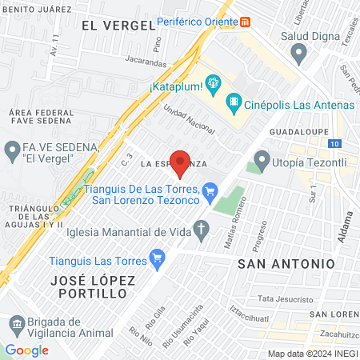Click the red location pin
[x=181, y=162]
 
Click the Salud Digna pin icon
[x=300, y=54]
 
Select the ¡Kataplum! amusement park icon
[x=213, y=82]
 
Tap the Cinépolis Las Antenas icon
[x=233, y=101]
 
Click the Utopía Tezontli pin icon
[x=262, y=158]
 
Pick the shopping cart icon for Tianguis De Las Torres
[x=210, y=190]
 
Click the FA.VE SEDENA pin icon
[x=12, y=150]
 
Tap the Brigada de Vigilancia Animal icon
[x=15, y=324]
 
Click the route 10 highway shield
[x=334, y=143]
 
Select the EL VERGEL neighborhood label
[x=118, y=25]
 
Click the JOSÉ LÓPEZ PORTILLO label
[x=88, y=286]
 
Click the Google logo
[x=26, y=350]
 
